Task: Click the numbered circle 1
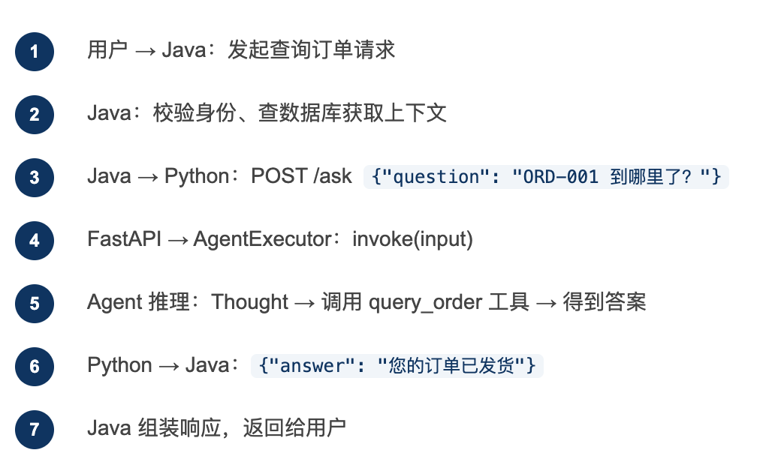[34, 52]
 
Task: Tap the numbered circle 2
[34, 115]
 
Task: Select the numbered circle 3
[34, 178]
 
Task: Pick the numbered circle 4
[34, 241]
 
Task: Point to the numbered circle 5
[34, 304]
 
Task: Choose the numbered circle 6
[34, 367]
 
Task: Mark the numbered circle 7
[34, 430]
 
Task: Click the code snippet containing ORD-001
[546, 177]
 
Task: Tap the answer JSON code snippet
[397, 366]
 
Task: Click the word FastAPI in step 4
[124, 240]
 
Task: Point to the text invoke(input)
[412, 240]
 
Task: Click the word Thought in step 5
[249, 302]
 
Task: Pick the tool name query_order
[425, 303]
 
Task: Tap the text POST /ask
[301, 177]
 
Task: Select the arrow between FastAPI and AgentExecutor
[177, 240]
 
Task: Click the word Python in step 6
[119, 366]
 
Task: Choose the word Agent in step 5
[115, 303]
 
